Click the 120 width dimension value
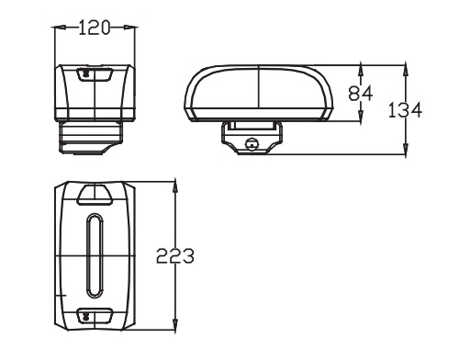point(94,28)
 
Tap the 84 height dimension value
point(361,94)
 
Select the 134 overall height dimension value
point(405,110)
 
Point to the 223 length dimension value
point(175,255)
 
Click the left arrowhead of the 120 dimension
point(60,28)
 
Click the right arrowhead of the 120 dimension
point(129,28)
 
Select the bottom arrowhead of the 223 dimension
point(175,324)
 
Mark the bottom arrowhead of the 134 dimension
point(406,149)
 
